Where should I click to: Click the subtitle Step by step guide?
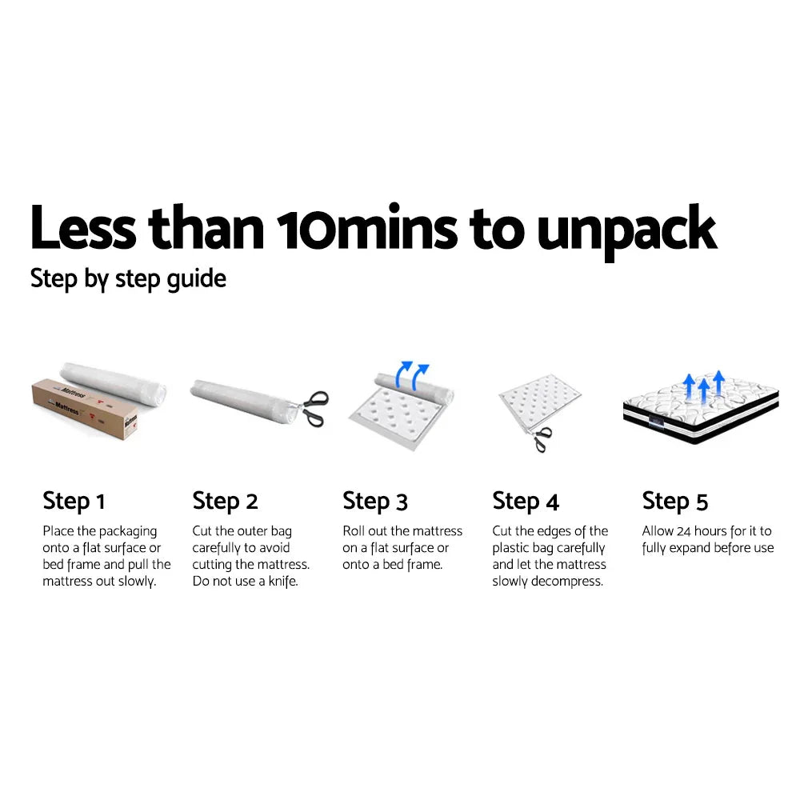click(x=128, y=279)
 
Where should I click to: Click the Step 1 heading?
click(x=74, y=502)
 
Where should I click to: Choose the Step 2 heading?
click(x=225, y=502)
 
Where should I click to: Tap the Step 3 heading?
click(x=375, y=502)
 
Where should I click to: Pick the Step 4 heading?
click(x=526, y=502)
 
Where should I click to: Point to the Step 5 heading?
click(x=675, y=502)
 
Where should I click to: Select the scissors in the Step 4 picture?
click(x=542, y=438)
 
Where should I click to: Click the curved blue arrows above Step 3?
click(x=414, y=374)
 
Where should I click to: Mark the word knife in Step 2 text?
click(x=280, y=582)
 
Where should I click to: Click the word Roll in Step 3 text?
click(x=354, y=531)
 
